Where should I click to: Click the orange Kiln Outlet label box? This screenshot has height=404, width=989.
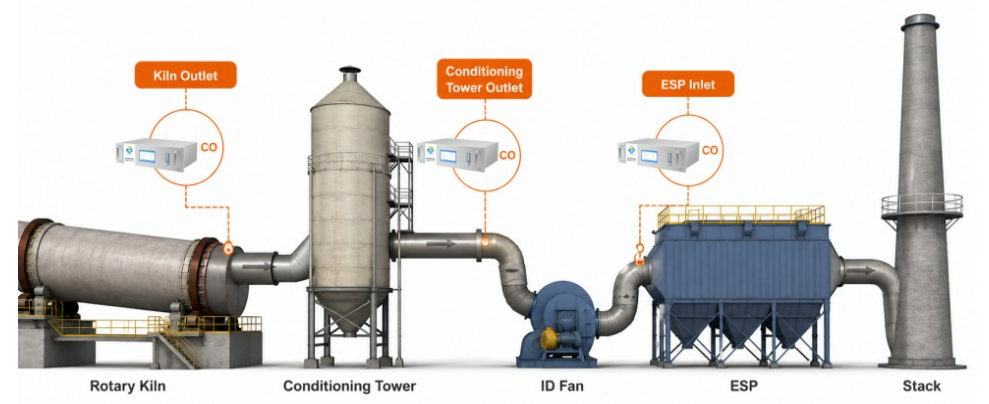(185, 75)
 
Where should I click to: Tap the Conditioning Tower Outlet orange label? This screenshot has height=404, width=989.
(484, 79)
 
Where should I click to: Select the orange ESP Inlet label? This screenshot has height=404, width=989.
(688, 84)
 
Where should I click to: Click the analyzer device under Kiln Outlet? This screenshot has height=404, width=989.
(156, 155)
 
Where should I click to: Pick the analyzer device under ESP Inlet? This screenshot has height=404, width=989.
(658, 155)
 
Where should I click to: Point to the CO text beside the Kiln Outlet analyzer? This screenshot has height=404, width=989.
(209, 147)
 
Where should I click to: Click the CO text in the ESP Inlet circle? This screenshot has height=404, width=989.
(710, 150)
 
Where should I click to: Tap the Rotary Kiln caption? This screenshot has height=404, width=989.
(128, 386)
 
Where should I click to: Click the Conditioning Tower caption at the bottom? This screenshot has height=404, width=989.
(349, 386)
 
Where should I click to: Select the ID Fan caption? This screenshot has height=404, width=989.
(561, 386)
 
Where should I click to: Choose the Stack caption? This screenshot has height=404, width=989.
(922, 386)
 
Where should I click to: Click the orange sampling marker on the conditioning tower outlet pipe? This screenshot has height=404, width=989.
(485, 240)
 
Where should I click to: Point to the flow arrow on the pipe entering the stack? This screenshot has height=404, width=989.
(860, 271)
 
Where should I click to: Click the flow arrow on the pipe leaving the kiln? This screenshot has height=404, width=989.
(257, 267)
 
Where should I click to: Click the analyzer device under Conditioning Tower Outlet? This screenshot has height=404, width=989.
(458, 155)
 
